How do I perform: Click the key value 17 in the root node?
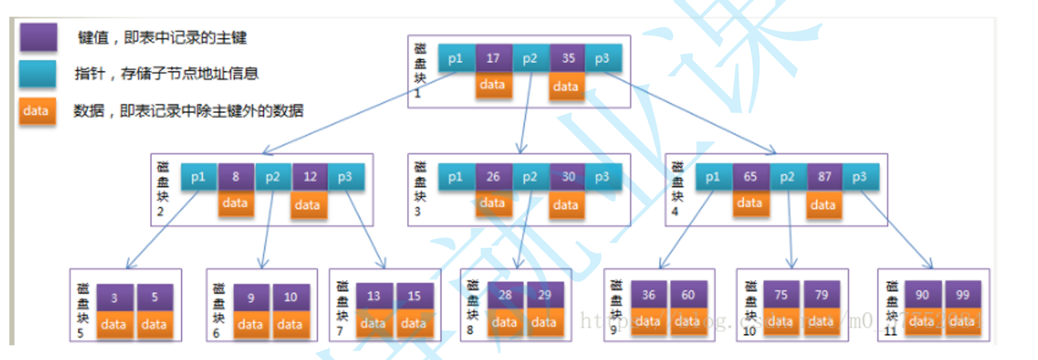click(x=493, y=58)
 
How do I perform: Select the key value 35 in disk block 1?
click(x=568, y=58)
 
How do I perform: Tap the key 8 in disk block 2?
click(x=236, y=177)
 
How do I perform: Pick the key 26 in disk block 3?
click(x=493, y=177)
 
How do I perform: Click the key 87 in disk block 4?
click(x=824, y=177)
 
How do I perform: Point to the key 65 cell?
click(x=750, y=177)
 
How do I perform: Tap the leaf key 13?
click(x=373, y=296)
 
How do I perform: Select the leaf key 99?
click(x=962, y=294)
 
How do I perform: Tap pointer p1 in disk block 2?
click(x=199, y=177)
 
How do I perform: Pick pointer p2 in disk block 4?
click(x=787, y=177)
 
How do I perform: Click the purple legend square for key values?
click(x=37, y=37)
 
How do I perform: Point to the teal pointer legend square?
click(x=37, y=74)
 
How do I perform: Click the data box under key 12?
click(x=309, y=205)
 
